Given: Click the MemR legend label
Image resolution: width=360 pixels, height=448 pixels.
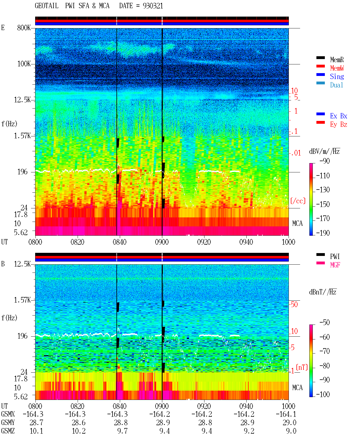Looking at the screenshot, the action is click(337, 60).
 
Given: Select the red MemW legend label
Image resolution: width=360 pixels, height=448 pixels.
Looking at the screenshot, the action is click(337, 68).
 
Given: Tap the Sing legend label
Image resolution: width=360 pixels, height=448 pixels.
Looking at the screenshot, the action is click(337, 76).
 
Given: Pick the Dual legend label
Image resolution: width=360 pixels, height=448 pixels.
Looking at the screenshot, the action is click(336, 85).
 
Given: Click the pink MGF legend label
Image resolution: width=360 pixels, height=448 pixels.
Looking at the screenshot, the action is click(335, 265).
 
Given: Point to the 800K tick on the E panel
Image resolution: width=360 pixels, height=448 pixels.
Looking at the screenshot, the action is click(24, 28).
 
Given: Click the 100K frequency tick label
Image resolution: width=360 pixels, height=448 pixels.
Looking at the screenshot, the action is click(24, 64).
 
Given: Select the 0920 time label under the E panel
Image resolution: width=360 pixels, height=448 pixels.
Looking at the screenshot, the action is click(204, 242).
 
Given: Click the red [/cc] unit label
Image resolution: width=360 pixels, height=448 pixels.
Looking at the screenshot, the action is click(298, 201).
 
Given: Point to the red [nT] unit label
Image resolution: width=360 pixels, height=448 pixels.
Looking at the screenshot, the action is click(302, 367).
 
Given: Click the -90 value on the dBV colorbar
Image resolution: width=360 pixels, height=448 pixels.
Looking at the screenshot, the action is click(325, 161).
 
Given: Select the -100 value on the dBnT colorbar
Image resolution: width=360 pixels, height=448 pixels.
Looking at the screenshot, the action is click(323, 394).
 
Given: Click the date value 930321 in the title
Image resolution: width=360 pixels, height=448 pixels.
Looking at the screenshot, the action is click(153, 6).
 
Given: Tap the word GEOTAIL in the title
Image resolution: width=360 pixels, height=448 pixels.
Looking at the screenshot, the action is click(47, 6).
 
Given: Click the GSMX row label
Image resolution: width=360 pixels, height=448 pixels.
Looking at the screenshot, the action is click(8, 414).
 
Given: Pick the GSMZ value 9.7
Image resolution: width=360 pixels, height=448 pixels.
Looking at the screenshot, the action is click(122, 431).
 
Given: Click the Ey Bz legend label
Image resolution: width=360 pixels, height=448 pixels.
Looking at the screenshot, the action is click(339, 125).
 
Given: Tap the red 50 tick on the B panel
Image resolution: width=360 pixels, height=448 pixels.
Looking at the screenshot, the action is click(294, 304).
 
